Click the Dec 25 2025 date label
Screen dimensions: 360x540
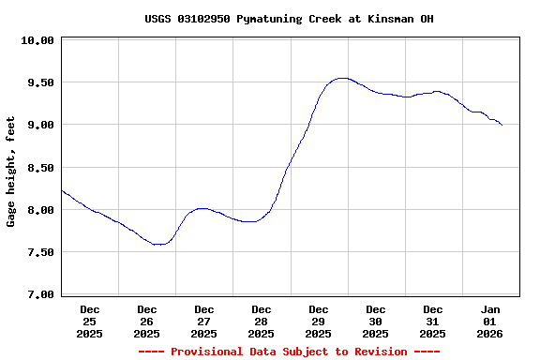coord(90,321)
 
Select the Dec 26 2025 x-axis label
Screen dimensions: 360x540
coord(147,321)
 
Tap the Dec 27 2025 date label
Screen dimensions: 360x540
coord(204,321)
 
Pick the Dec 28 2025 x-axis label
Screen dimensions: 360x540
coord(262,321)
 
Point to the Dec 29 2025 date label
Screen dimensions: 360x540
coord(319,321)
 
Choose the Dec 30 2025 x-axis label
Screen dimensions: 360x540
coord(376,321)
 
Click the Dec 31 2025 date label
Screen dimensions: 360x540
coord(433,321)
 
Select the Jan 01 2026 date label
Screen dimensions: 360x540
coord(490,321)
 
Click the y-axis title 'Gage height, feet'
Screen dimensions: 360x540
coord(11,172)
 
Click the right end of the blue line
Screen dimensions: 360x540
coord(502,125)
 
